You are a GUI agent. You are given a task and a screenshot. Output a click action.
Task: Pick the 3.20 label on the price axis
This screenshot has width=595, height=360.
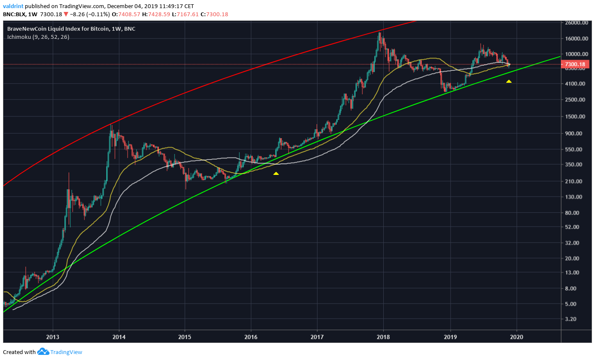click(570, 319)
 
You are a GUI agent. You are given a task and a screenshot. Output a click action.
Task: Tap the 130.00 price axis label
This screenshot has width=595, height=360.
click(572, 197)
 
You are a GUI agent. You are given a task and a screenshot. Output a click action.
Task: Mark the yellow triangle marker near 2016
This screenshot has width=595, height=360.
click(276, 173)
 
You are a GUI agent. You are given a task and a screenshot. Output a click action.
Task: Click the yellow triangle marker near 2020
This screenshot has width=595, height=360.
click(509, 81)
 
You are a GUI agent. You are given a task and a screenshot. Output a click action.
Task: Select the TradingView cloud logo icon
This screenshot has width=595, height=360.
click(43, 352)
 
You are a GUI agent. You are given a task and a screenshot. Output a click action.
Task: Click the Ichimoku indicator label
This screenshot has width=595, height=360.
click(38, 37)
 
